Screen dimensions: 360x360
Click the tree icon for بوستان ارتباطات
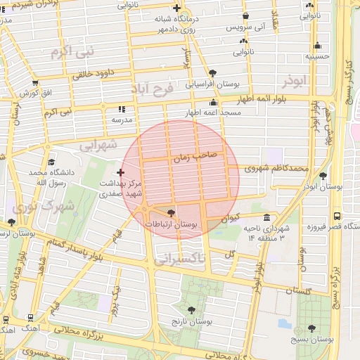pos(171,213)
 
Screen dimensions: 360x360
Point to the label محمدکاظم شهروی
pos(276,169)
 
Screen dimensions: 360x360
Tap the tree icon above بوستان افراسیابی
pos(213,72)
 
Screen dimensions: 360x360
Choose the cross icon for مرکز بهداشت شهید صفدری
pos(121,172)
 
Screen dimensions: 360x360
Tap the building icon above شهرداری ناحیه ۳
pos(266,217)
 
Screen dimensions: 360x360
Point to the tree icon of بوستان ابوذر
pos(323,176)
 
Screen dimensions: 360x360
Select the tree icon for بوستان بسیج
pos(311,328)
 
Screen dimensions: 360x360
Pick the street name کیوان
pos(230,219)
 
